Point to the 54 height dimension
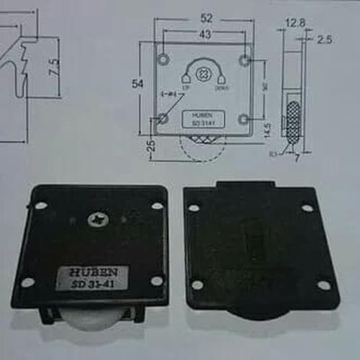click(x=138, y=84)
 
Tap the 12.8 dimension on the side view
click(x=295, y=23)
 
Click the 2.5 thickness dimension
click(x=323, y=40)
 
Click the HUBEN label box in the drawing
click(x=204, y=118)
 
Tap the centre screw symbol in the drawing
click(x=204, y=73)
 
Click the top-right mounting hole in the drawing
click(x=245, y=57)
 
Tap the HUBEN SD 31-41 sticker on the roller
click(x=92, y=278)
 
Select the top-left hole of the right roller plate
click(x=194, y=208)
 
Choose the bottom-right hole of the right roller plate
click(x=323, y=286)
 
